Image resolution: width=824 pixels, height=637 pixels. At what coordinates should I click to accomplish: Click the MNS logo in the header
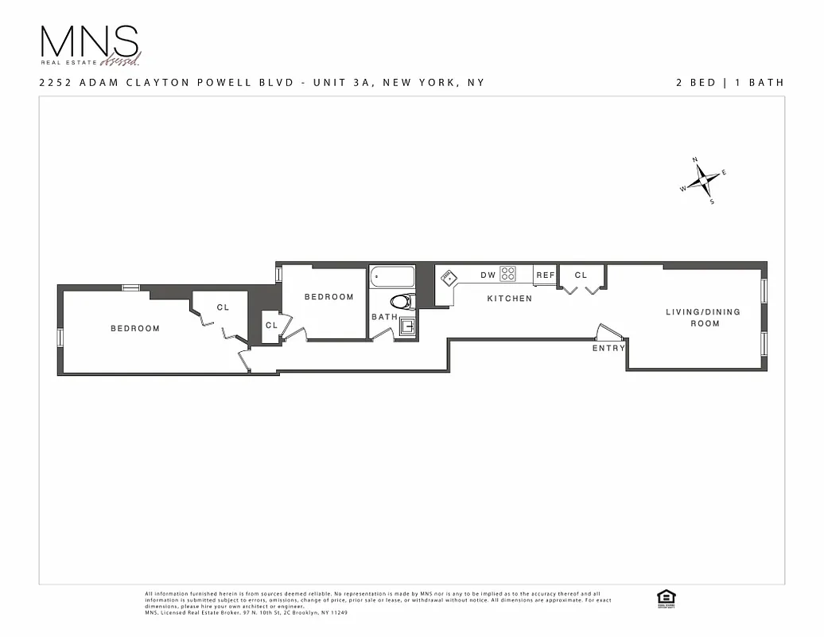point(90,45)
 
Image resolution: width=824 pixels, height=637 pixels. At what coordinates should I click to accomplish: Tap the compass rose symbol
point(703,182)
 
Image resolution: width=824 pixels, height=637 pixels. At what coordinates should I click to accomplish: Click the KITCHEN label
point(509,299)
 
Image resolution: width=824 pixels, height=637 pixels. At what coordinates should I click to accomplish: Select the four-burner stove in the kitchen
point(507,274)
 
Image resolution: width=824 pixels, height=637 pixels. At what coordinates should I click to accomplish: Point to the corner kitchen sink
point(449,278)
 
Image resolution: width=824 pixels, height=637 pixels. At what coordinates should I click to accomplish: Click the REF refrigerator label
point(545,275)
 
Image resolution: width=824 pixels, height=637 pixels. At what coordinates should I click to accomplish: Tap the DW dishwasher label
point(488,275)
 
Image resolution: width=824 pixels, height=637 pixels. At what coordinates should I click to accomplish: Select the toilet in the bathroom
point(402,301)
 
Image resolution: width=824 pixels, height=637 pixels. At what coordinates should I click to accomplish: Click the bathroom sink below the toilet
point(406,326)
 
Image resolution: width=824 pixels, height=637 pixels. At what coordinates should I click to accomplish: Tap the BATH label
point(384,317)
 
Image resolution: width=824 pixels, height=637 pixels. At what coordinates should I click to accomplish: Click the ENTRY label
point(608,348)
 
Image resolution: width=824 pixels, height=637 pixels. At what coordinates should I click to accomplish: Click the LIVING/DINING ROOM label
point(703,317)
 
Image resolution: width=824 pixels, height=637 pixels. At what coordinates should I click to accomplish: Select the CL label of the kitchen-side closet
point(581,275)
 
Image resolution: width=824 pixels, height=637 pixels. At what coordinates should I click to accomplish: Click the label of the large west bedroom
point(134,328)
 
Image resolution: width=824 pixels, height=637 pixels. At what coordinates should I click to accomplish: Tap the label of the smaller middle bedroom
point(328,297)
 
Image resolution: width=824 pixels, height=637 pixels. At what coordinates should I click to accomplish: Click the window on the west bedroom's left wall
point(60,337)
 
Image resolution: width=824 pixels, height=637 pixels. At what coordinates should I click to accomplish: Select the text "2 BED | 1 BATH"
point(730,82)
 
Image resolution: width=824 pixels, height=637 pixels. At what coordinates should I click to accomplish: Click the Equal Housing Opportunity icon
point(665,598)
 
